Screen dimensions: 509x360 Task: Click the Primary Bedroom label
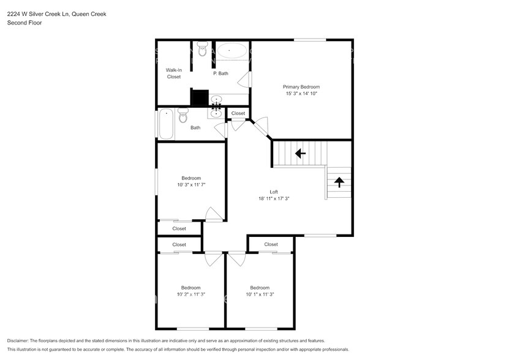point(301,87)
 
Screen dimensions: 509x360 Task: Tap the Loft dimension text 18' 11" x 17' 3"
point(274,198)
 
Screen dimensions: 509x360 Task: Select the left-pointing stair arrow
point(300,153)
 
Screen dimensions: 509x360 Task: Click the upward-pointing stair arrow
point(339,182)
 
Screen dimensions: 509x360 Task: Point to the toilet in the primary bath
point(203,49)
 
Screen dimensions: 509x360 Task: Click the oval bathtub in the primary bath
point(232,51)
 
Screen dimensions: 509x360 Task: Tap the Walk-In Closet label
point(174,73)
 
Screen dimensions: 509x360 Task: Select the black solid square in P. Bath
point(199,98)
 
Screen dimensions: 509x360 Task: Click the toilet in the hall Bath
point(183,116)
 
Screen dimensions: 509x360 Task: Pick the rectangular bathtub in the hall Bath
point(166,124)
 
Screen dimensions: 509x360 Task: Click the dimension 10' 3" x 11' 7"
point(191,185)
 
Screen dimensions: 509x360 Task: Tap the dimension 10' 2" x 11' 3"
point(191,294)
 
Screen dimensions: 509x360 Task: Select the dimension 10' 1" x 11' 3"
point(260,294)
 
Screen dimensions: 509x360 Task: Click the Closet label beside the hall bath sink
point(238,113)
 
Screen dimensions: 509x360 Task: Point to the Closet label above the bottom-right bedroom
point(271,244)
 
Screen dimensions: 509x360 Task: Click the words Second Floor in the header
point(25,23)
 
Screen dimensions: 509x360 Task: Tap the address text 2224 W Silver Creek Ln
point(38,14)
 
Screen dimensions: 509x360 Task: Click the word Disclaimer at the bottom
point(18,341)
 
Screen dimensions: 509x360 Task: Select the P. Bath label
point(221,73)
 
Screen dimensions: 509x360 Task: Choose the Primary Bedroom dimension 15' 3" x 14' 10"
point(301,94)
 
